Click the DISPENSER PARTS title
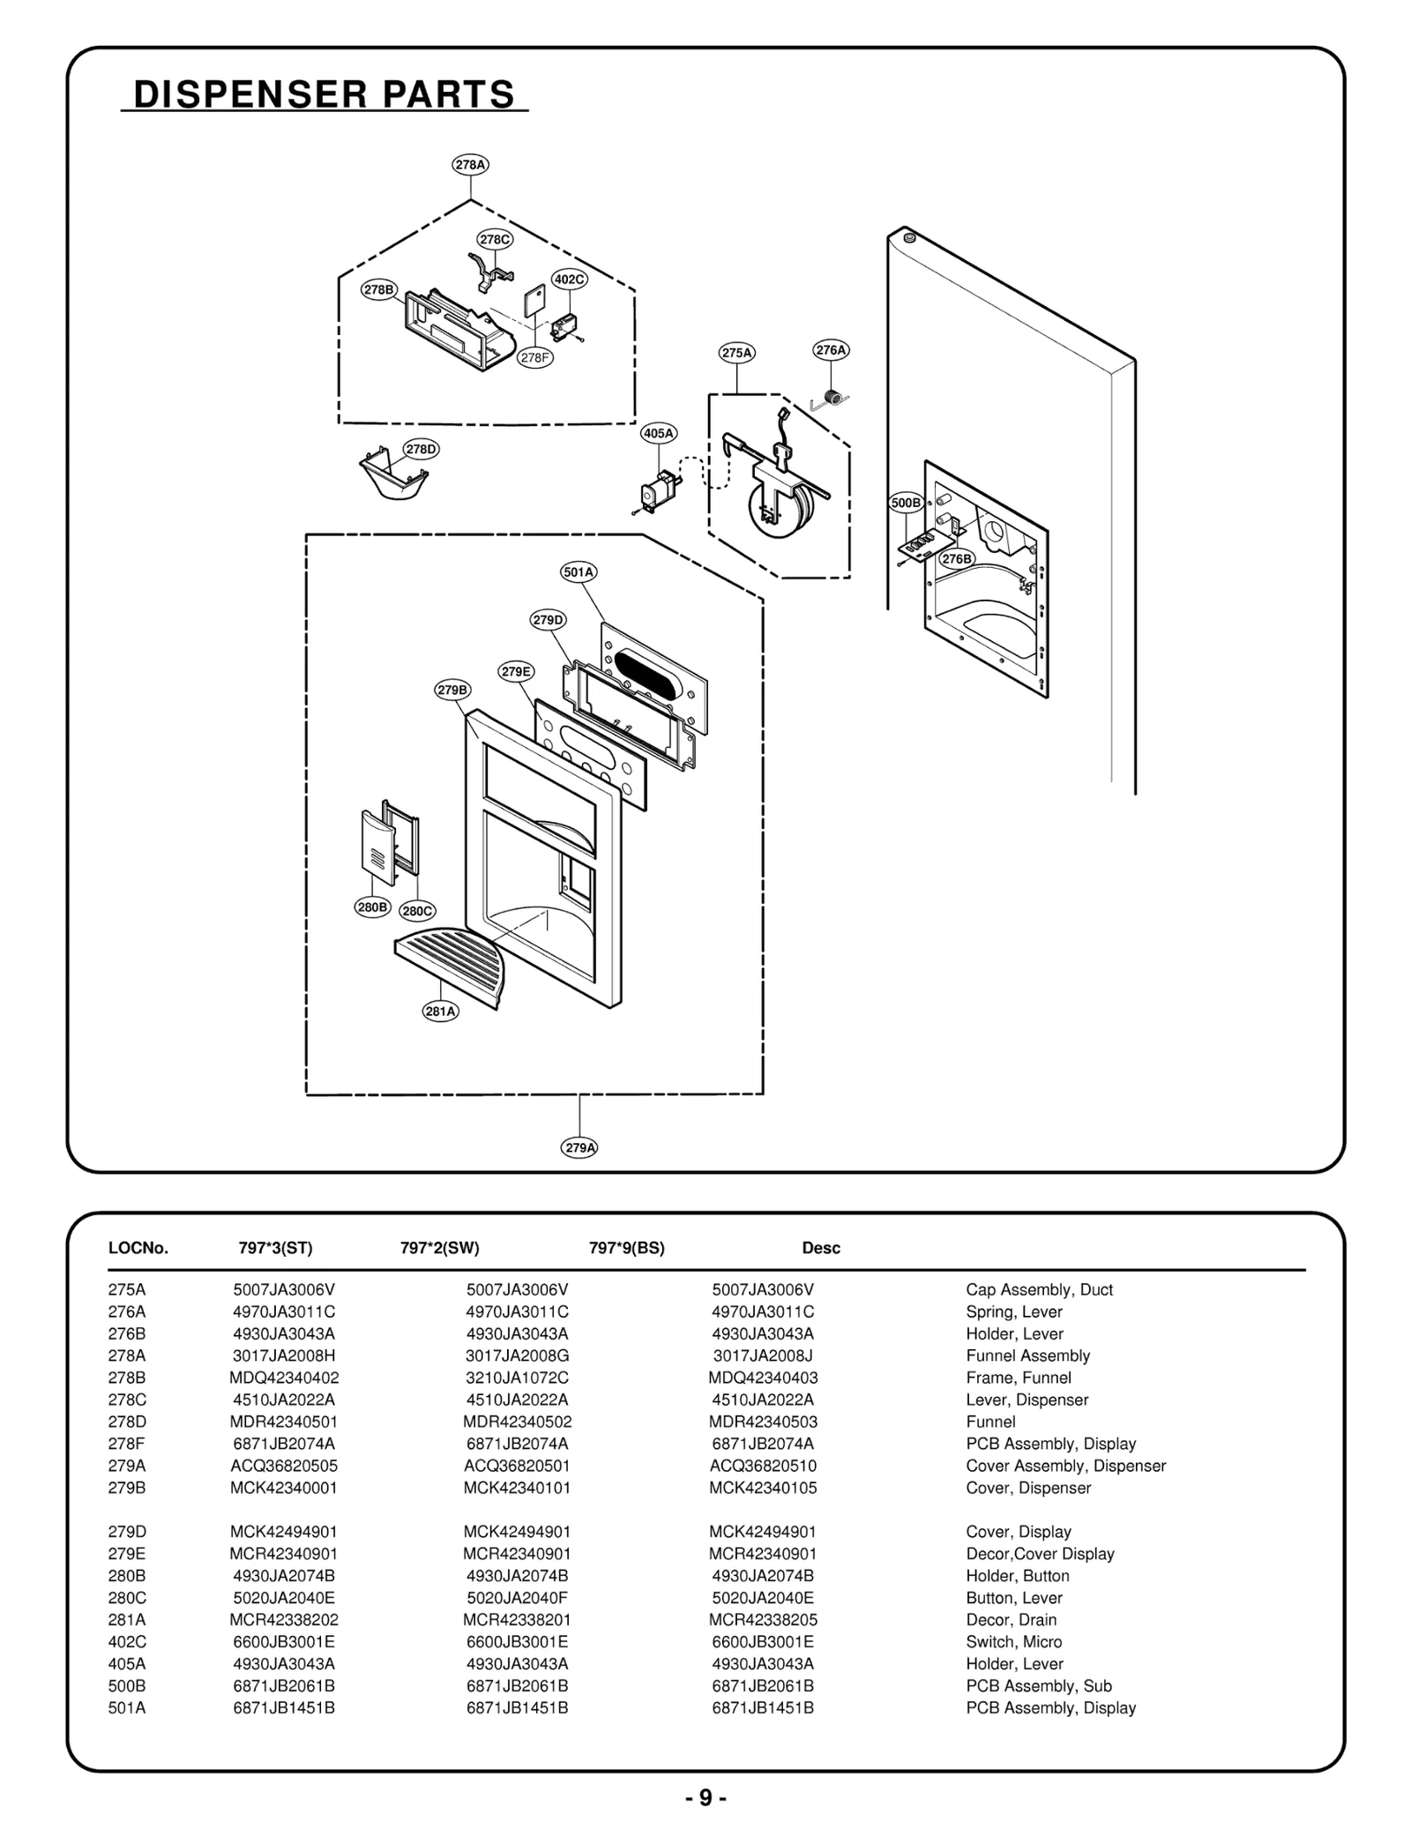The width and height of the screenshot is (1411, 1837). pyautogui.click(x=324, y=94)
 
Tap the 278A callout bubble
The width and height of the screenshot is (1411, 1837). pyautogui.click(x=470, y=165)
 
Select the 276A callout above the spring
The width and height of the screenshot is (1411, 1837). pyautogui.click(x=830, y=350)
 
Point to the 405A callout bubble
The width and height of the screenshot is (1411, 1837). pyautogui.click(x=659, y=433)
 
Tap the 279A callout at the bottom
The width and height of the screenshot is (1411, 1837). pyautogui.click(x=579, y=1147)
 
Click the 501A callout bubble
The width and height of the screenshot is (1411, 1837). pyautogui.click(x=579, y=571)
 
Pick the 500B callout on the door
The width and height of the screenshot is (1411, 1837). pyautogui.click(x=906, y=503)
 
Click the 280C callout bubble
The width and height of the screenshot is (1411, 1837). pyautogui.click(x=417, y=911)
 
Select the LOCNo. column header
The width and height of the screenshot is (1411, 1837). pyautogui.click(x=138, y=1248)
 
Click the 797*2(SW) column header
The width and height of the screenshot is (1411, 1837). pyautogui.click(x=439, y=1248)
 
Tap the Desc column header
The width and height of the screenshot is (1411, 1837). pyautogui.click(x=820, y=1248)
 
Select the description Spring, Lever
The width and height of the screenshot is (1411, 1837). pyautogui.click(x=1013, y=1311)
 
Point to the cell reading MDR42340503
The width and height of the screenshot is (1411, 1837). pyautogui.click(x=763, y=1422)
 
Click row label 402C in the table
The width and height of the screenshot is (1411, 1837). pyautogui.click(x=127, y=1642)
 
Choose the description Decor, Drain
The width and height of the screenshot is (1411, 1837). pyautogui.click(x=1011, y=1620)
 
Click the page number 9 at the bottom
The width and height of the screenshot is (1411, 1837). pyautogui.click(x=705, y=1798)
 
